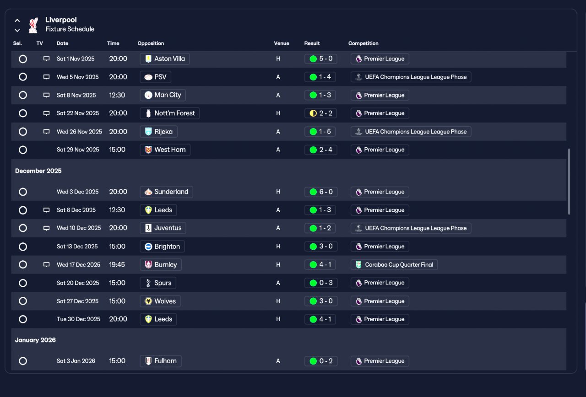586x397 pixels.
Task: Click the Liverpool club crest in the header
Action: (33, 25)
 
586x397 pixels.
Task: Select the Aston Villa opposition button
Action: (165, 59)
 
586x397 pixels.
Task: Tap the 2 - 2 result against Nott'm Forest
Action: (320, 113)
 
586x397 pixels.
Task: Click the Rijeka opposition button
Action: (158, 132)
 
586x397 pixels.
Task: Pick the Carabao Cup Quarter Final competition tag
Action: (394, 265)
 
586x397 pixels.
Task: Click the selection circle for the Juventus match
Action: (23, 228)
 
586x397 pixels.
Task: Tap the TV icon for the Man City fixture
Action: (46, 95)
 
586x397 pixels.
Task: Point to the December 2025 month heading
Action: (38, 171)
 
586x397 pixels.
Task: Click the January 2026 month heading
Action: (35, 340)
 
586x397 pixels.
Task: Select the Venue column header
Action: (282, 43)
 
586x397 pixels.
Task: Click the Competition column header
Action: (364, 43)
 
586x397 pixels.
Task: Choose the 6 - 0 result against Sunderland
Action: (321, 192)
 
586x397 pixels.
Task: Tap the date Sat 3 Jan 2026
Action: (76, 361)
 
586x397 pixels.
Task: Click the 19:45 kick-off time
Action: (117, 265)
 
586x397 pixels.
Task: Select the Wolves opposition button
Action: (160, 301)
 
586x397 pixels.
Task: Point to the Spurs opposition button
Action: (158, 283)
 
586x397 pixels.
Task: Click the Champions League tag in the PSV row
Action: (411, 77)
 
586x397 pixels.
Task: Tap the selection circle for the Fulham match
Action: (23, 361)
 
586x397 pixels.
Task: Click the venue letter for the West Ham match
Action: (278, 150)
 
